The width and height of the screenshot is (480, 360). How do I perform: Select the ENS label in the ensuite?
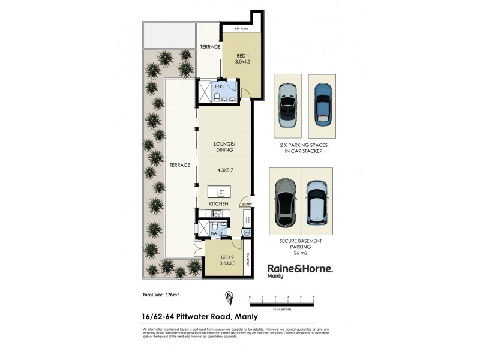pos(220,86)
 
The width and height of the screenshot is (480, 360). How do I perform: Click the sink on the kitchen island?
pos(221,193)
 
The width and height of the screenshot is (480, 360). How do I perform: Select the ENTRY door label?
pos(247,205)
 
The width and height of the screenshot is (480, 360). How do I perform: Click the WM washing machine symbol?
pos(247,233)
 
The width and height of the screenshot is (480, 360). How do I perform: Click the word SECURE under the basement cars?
pos(290,241)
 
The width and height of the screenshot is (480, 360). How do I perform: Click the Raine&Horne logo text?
pos(299,269)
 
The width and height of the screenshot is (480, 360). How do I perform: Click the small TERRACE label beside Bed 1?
pos(210,46)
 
